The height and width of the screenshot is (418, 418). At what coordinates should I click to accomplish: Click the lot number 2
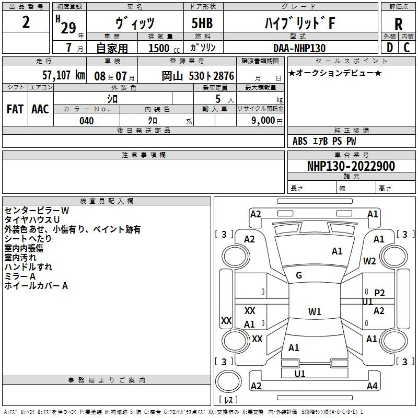coord(26,22)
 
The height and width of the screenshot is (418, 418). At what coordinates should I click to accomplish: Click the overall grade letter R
coord(398,24)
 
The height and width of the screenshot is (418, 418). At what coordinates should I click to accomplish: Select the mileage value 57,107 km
coord(64,75)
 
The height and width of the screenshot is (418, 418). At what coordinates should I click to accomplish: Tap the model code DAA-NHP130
coord(299,48)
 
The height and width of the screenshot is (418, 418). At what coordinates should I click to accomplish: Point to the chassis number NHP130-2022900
coord(351,166)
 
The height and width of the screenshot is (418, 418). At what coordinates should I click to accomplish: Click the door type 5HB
coord(202,23)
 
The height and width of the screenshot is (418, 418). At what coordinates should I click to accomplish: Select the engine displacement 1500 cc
coord(164,48)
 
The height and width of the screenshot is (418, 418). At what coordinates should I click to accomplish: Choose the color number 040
coord(86,121)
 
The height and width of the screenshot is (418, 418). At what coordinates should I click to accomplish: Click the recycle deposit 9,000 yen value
coord(266,121)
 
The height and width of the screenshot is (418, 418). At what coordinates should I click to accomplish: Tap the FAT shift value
coord(15,109)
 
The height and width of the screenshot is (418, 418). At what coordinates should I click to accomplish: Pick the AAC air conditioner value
coord(40,109)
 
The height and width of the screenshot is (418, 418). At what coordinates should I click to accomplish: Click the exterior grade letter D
coord(390,48)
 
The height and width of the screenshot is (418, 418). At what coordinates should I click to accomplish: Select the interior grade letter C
coord(407,48)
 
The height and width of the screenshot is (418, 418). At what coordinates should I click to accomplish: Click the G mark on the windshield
coord(299,275)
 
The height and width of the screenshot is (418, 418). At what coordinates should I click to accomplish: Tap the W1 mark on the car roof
coord(315,311)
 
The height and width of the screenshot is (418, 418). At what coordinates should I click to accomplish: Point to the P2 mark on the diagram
coord(379,293)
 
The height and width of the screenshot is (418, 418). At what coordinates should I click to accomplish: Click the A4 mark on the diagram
coord(372,386)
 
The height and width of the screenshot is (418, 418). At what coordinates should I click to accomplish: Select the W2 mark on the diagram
coord(369,261)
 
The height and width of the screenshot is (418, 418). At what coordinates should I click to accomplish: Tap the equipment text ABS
coord(300,141)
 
